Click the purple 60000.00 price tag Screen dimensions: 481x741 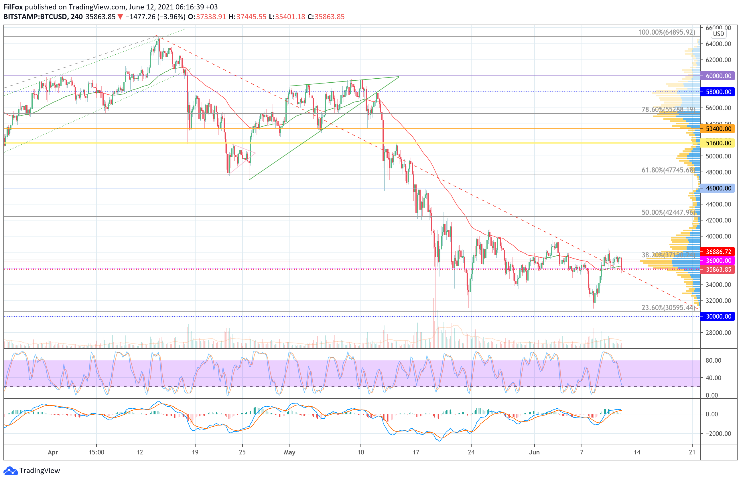pyautogui.click(x=718, y=76)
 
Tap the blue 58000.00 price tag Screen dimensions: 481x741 pyautogui.click(x=718, y=92)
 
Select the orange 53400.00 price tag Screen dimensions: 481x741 pyautogui.click(x=718, y=129)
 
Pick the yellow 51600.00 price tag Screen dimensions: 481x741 pyautogui.click(x=718, y=143)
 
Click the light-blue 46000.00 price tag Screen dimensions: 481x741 pyautogui.click(x=718, y=188)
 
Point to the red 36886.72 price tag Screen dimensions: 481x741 pyautogui.click(x=718, y=252)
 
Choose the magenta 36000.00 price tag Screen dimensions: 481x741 pyautogui.click(x=718, y=261)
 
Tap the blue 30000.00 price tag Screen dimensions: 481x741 pyautogui.click(x=718, y=316)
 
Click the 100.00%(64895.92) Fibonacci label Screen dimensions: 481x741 pyautogui.click(x=666, y=32)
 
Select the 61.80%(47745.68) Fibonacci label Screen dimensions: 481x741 pyautogui.click(x=668, y=170)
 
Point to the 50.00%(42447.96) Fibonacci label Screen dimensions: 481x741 pyautogui.click(x=668, y=212)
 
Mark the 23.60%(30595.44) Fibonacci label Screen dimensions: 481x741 pyautogui.click(x=668, y=307)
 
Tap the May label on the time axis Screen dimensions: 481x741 pyautogui.click(x=289, y=452)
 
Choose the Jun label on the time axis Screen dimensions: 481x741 pyautogui.click(x=534, y=452)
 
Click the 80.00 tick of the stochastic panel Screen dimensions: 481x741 pyautogui.click(x=713, y=360)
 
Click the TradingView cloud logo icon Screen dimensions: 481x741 pyautogui.click(x=11, y=471)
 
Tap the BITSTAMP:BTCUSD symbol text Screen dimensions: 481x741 pyautogui.click(x=35, y=17)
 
